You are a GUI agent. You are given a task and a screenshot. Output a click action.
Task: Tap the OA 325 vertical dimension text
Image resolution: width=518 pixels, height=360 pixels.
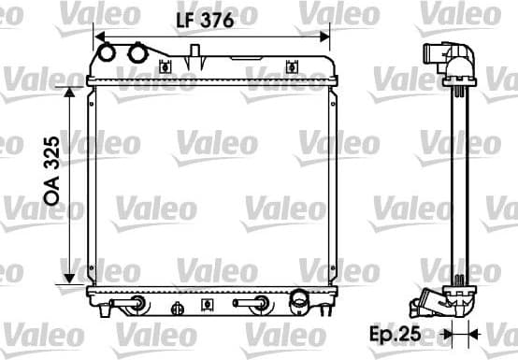click(52, 170)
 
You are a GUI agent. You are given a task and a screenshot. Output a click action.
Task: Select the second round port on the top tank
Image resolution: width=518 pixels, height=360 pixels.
click(137, 53)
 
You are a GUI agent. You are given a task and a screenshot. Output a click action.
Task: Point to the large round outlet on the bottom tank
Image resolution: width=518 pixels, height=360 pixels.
click(299, 301)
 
